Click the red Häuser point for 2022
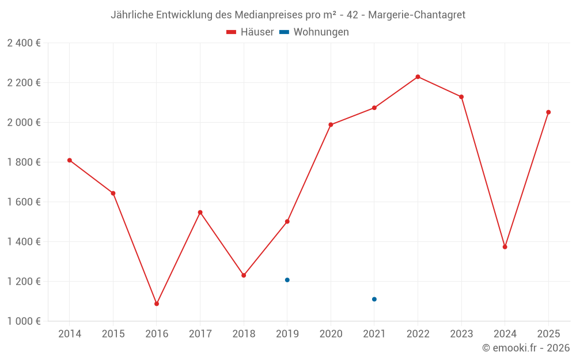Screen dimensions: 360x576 [x=418, y=77]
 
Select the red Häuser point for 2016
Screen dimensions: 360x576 [x=157, y=304]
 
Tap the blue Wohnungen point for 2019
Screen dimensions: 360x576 [x=287, y=280]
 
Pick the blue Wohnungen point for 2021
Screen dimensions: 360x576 [x=374, y=299]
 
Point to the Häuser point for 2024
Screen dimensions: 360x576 [x=505, y=247]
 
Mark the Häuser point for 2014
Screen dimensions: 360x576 [x=69, y=160]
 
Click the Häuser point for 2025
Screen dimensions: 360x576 [x=548, y=112]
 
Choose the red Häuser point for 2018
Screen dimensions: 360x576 [x=244, y=275]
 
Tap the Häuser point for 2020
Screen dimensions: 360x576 [x=331, y=124]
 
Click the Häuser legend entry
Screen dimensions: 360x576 [x=251, y=32]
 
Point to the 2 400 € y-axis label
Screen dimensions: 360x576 [x=24, y=43]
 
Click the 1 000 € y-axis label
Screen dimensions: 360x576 [x=24, y=321]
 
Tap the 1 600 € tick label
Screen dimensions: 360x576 [x=24, y=202]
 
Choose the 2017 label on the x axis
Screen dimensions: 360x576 [x=200, y=334]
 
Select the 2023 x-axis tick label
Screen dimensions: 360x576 [x=461, y=334]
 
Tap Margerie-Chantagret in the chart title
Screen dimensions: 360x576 [x=416, y=15]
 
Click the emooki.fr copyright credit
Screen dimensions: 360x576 [x=526, y=348]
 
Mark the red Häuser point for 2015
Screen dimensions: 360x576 [x=113, y=193]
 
